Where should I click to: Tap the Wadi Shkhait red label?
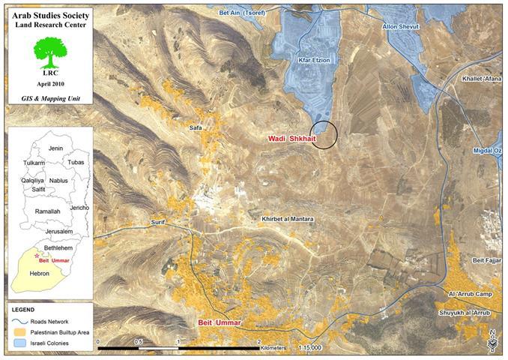[x=293, y=139]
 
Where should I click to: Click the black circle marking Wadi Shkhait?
[x=324, y=134]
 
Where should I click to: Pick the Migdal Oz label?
[x=486, y=150]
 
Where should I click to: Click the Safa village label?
[x=196, y=128]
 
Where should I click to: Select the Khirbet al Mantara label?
[x=288, y=219]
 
